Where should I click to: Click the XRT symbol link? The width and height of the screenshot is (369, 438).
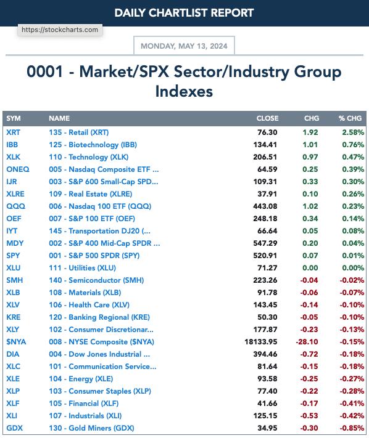[x=13, y=132]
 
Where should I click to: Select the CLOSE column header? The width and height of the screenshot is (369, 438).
[x=267, y=118]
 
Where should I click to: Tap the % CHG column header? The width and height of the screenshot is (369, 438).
[x=350, y=118]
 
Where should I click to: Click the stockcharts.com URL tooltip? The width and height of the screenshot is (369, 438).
[x=60, y=30]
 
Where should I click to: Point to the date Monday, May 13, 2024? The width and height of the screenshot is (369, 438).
[x=184, y=46]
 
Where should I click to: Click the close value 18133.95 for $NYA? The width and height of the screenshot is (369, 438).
[x=261, y=342]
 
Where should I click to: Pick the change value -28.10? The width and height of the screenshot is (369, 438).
[x=307, y=342]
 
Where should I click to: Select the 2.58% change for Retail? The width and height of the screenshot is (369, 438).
[x=353, y=132]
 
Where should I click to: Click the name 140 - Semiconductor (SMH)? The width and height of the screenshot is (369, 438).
[x=96, y=280]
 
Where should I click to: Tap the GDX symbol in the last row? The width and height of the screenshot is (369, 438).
[x=15, y=428]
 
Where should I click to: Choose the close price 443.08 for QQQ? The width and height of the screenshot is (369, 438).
[x=265, y=206]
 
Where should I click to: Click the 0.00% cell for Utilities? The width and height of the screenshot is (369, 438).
[x=353, y=267]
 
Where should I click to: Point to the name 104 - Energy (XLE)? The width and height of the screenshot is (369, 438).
[x=81, y=379]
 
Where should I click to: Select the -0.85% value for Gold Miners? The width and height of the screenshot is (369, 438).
[x=352, y=428]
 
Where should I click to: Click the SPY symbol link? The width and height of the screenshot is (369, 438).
[x=13, y=255]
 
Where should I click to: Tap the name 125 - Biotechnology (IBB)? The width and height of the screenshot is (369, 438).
[x=93, y=145]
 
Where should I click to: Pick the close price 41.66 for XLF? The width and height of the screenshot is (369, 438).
[x=267, y=404]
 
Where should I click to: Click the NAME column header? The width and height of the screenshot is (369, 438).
[x=59, y=118]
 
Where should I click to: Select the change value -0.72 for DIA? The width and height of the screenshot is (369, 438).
[x=309, y=354]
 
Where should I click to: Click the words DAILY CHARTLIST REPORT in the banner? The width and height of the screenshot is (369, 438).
[x=184, y=13]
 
